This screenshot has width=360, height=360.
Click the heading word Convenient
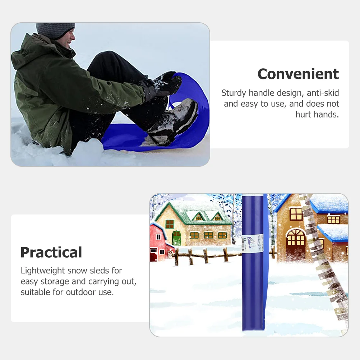[x=298, y=74]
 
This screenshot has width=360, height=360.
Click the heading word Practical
[x=51, y=253]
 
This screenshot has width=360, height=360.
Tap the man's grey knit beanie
[x=55, y=30]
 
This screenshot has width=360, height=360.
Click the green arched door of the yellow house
[x=176, y=238]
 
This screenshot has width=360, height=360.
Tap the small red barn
[x=158, y=243]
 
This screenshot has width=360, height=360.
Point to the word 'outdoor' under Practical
[x=80, y=292]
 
